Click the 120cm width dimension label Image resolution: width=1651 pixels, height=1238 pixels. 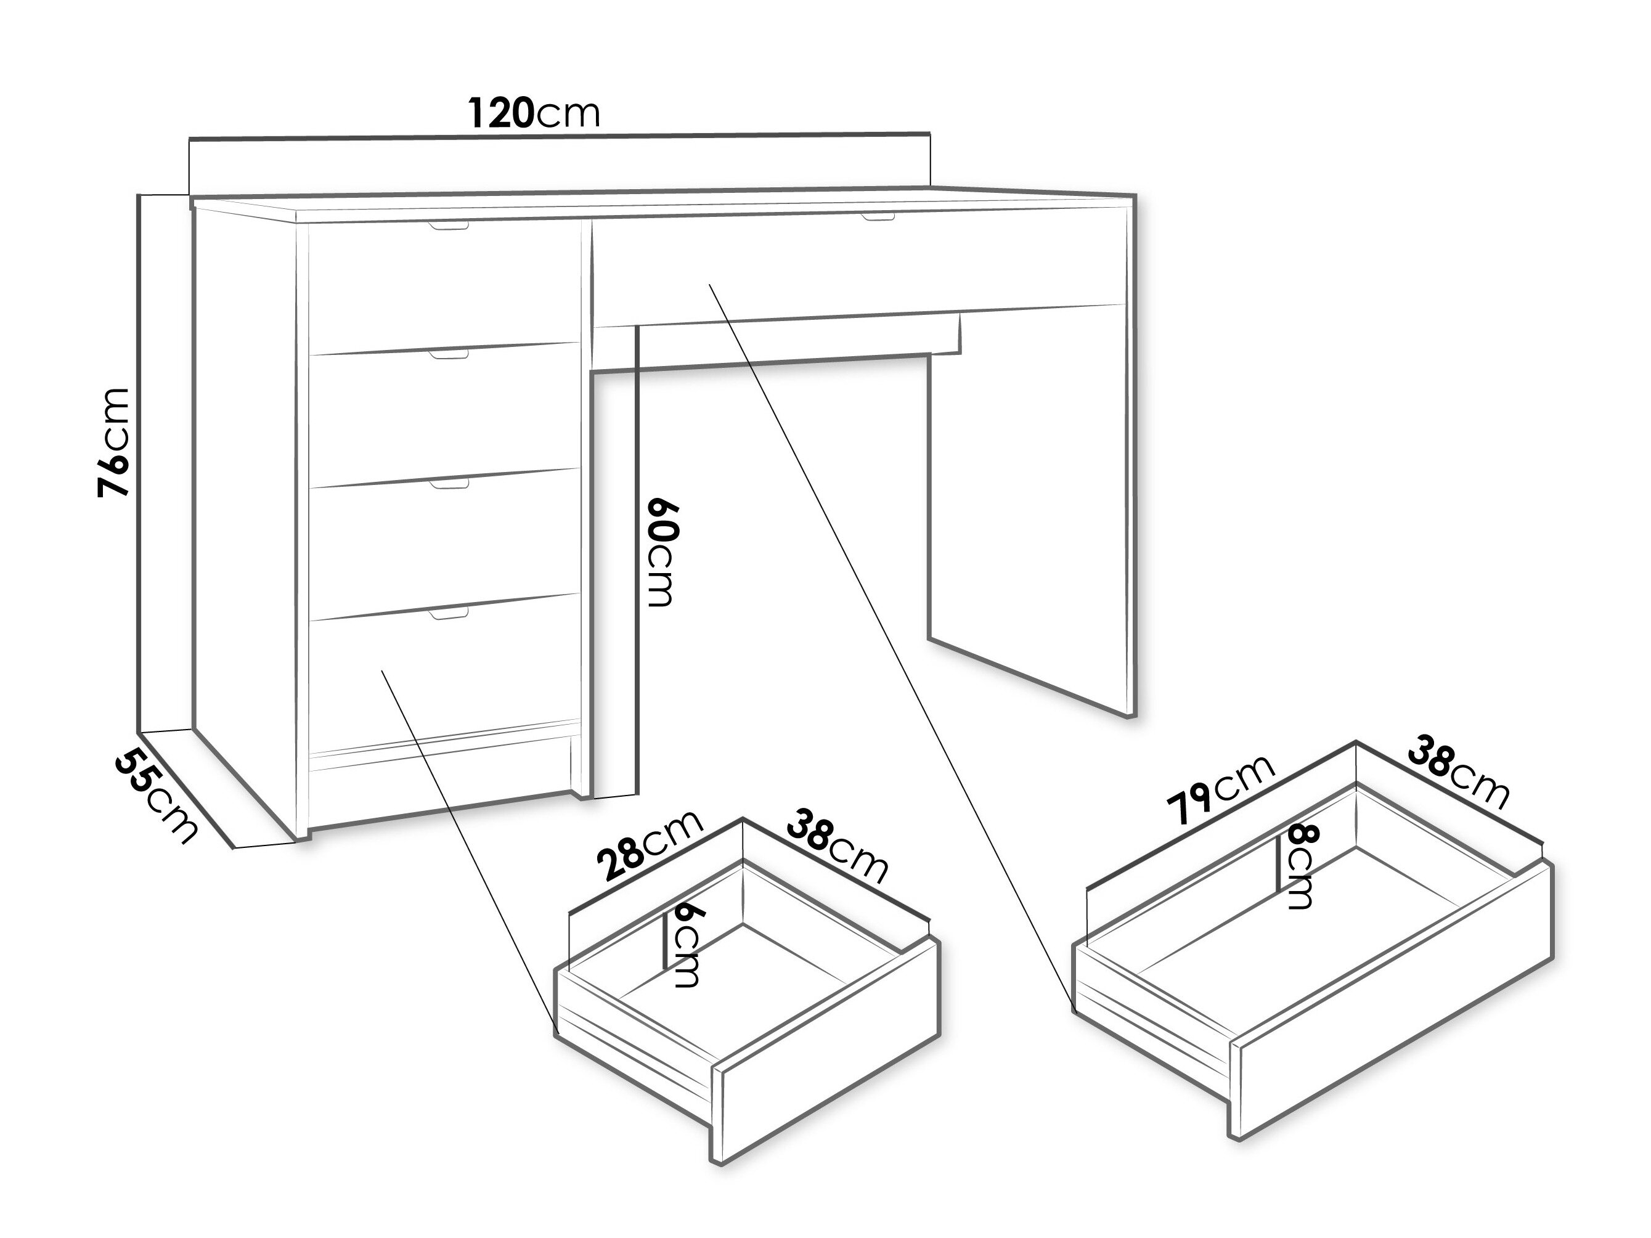tap(534, 113)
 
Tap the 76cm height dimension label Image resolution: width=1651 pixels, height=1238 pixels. tap(115, 442)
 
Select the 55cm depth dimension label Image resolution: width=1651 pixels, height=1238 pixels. tap(157, 797)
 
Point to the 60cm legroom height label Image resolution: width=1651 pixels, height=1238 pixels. tap(661, 552)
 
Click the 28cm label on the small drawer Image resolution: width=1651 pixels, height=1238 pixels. tap(650, 845)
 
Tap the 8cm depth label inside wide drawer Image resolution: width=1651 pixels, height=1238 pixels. tap(1300, 866)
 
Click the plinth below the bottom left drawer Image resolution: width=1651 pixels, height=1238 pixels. tap(441, 785)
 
